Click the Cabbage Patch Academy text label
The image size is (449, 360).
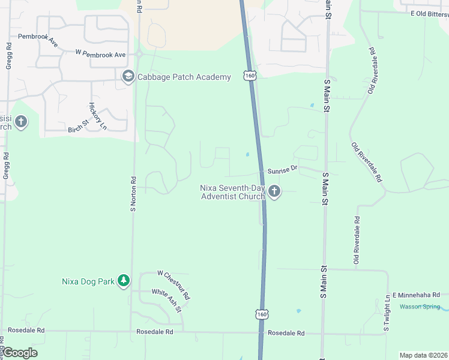(184, 77)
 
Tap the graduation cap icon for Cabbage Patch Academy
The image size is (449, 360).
(128, 76)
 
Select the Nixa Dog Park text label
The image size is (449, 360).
(88, 281)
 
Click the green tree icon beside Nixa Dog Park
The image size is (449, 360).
(124, 281)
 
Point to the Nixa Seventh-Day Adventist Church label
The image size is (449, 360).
(232, 192)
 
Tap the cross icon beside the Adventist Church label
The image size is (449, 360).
(274, 192)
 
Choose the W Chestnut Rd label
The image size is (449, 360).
(173, 284)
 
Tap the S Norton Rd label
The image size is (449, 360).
(133, 194)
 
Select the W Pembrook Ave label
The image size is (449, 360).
(100, 54)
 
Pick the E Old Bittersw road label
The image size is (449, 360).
(429, 13)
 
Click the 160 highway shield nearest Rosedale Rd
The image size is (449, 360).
(261, 314)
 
